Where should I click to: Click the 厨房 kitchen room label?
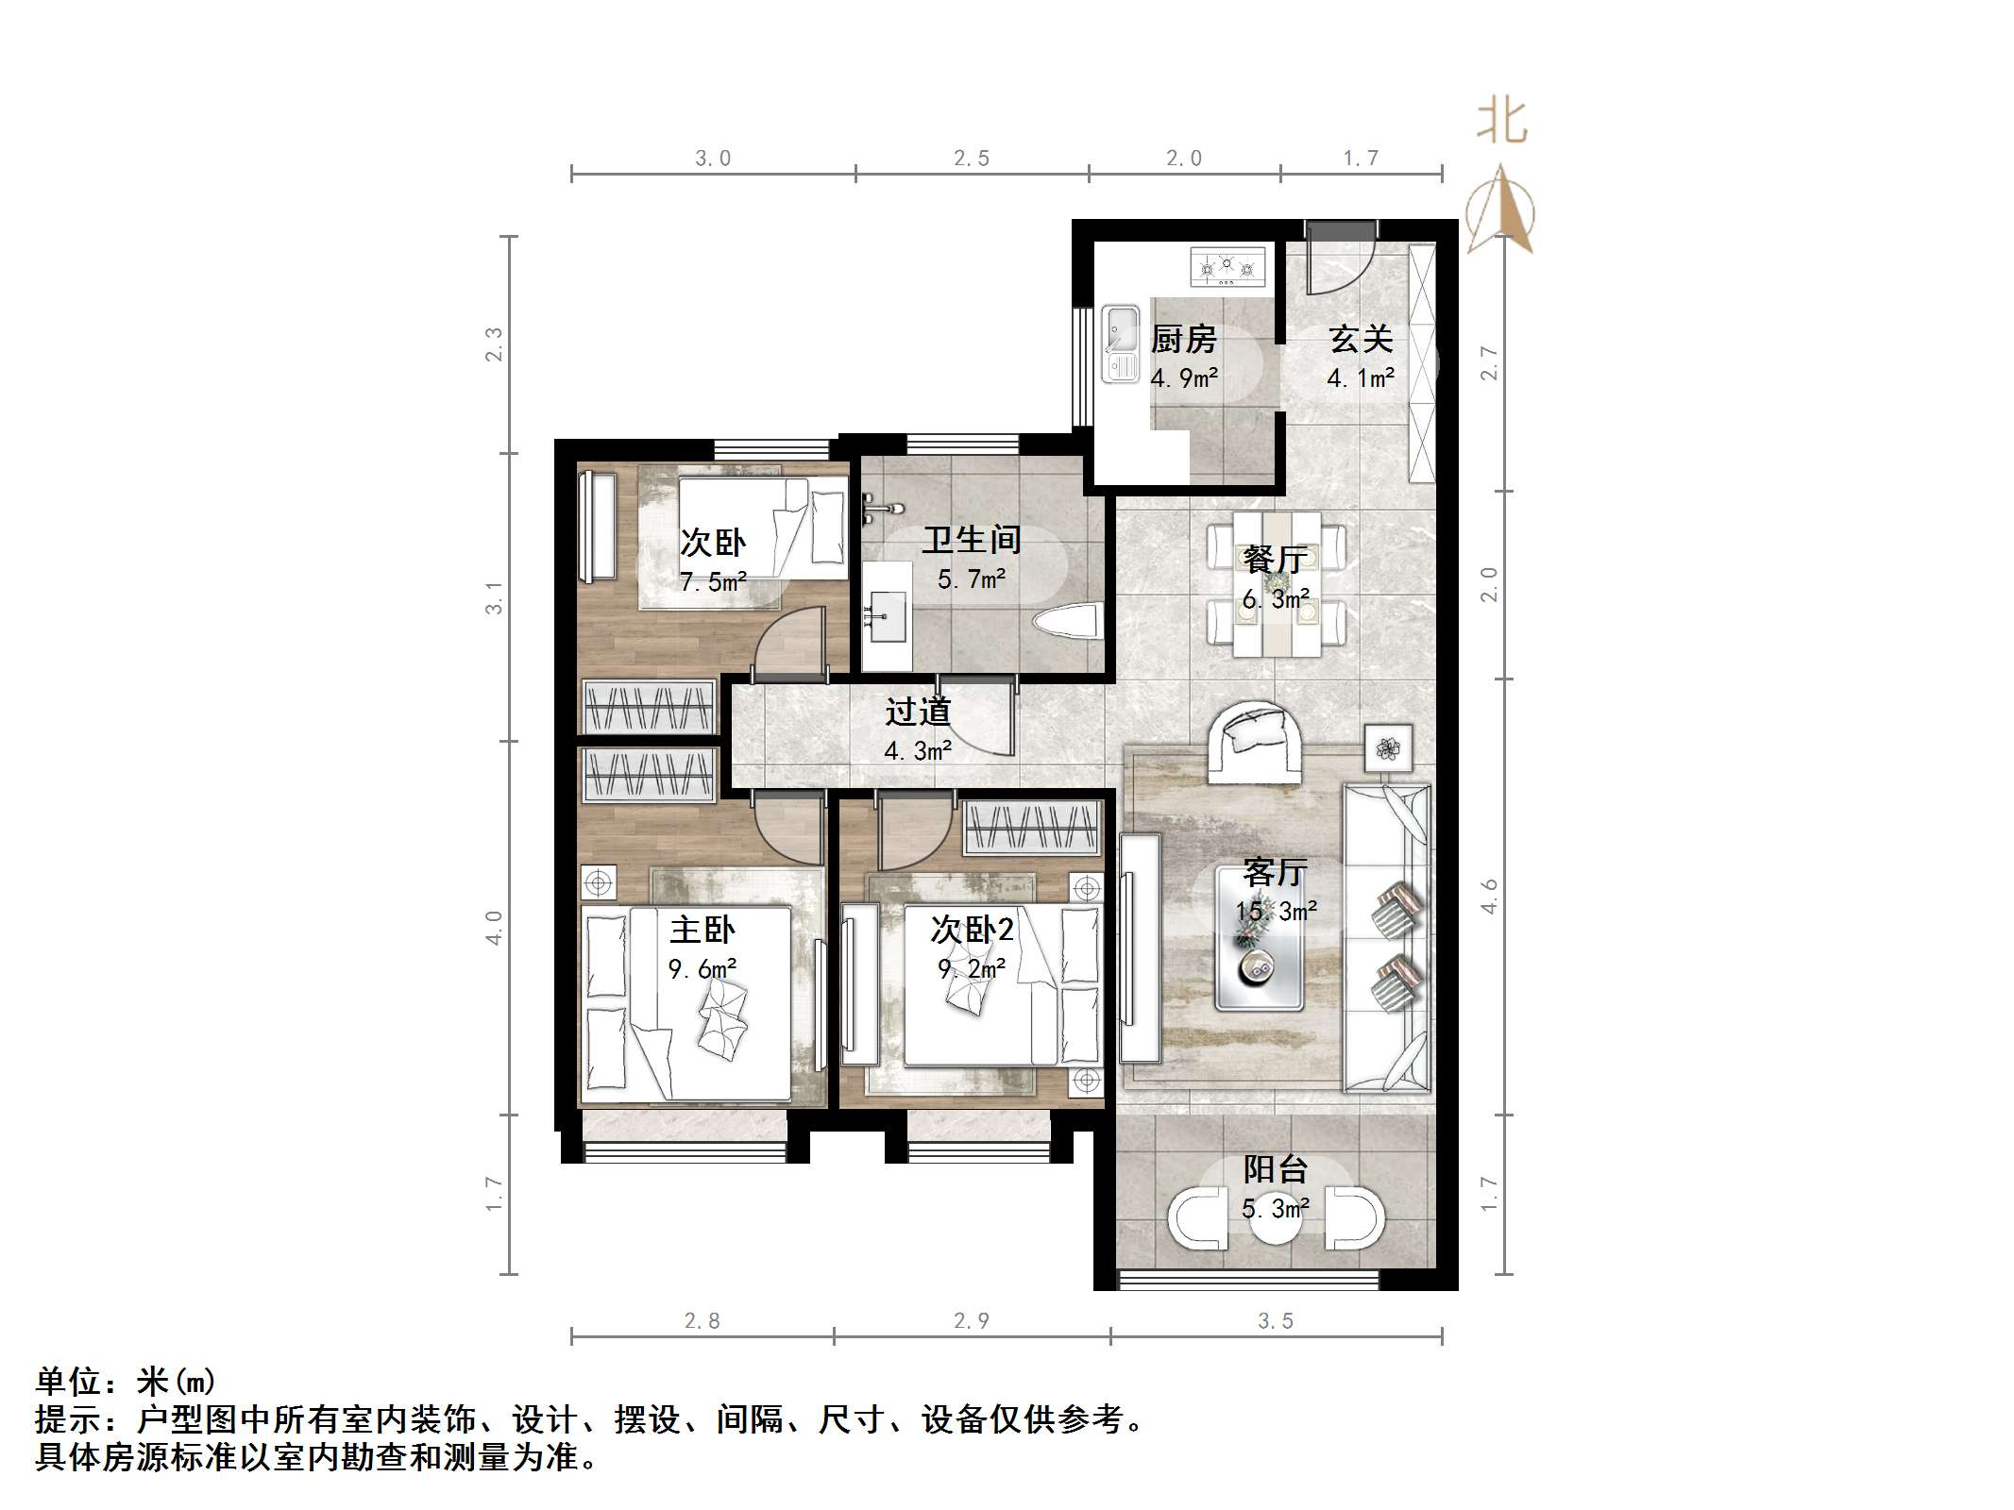coord(1183,339)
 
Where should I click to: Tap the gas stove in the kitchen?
coord(1227,267)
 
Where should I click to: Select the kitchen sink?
coord(1121,344)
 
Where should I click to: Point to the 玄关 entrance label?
coord(1361,339)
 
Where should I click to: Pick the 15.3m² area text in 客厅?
coord(1276,912)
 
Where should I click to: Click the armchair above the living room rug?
coord(1255,742)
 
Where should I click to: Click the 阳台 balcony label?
coord(1275,1169)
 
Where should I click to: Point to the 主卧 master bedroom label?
coord(702,931)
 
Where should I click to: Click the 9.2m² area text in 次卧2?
coord(972,969)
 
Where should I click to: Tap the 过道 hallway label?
coord(917,713)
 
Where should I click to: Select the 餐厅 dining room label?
coord(1275,560)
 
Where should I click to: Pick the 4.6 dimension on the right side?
coord(1489,896)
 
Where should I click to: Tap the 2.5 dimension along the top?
coord(971,159)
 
